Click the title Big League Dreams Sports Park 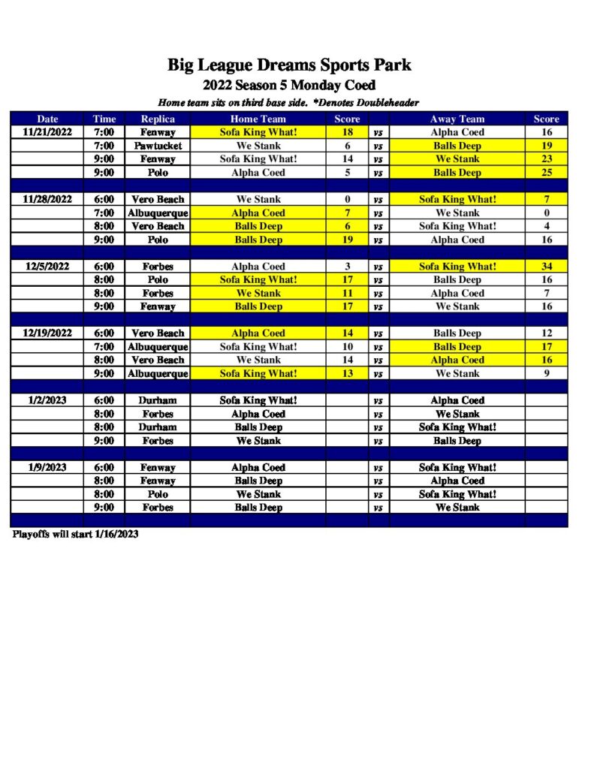coord(289,65)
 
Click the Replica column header coord(158,119)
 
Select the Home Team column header coord(258,119)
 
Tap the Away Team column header coord(457,119)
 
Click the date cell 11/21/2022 coord(47,132)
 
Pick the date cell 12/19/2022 coord(47,333)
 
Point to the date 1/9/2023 coord(47,467)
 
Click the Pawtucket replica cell coord(158,146)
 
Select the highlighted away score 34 coord(546,267)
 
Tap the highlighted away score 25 coord(546,173)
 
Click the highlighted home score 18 coord(347,132)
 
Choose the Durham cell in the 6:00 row coord(158,400)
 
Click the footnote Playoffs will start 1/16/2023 coord(75,535)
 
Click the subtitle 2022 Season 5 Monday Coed coord(289,86)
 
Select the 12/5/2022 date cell coord(47,267)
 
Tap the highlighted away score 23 coord(546,159)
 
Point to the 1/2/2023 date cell coord(47,400)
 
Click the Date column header coord(47,119)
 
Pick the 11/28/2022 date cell coord(47,200)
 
